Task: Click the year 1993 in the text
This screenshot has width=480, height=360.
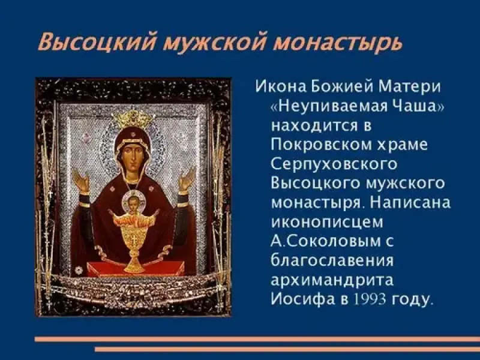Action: pyautogui.click(x=370, y=299)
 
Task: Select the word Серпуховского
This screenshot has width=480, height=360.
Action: pyautogui.click(x=334, y=164)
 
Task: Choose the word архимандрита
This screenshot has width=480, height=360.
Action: pyautogui.click(x=332, y=280)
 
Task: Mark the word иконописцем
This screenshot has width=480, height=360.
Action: pyautogui.click(x=326, y=222)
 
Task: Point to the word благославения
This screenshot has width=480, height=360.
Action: pyautogui.click(x=332, y=260)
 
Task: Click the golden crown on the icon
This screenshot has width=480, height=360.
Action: pyautogui.click(x=133, y=119)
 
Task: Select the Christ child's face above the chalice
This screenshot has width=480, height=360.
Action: pyautogui.click(x=134, y=203)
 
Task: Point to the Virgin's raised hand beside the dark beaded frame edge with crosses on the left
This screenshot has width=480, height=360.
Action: pyautogui.click(x=80, y=180)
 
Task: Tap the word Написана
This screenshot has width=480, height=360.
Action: pyautogui.click(x=410, y=203)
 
